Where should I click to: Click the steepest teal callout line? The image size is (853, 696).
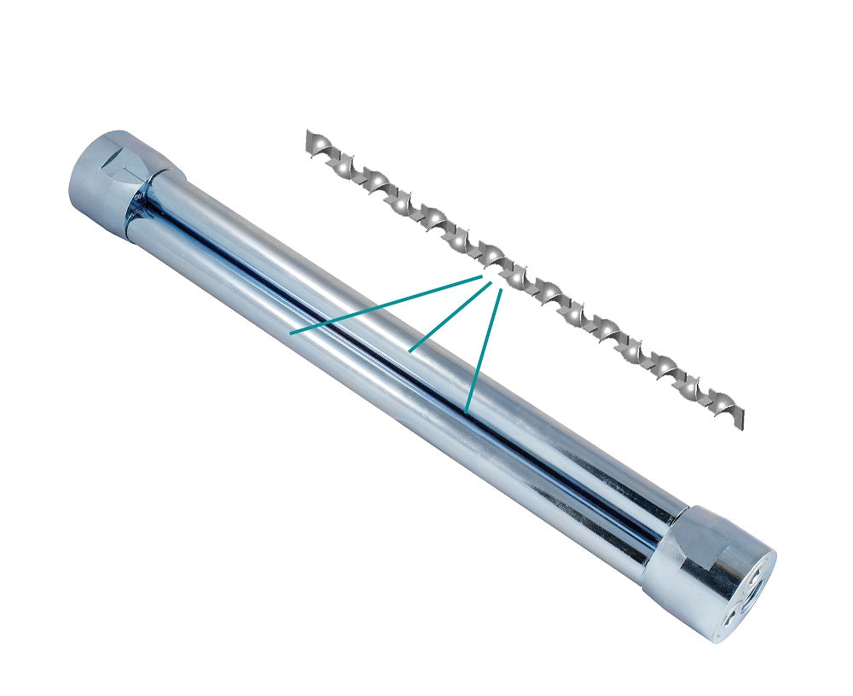(483, 350)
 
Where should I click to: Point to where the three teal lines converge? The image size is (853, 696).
(493, 280)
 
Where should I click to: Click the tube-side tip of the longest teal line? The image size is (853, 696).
(292, 333)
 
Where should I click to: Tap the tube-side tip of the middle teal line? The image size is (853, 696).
(410, 351)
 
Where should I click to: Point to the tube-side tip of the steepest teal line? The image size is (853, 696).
(466, 412)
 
